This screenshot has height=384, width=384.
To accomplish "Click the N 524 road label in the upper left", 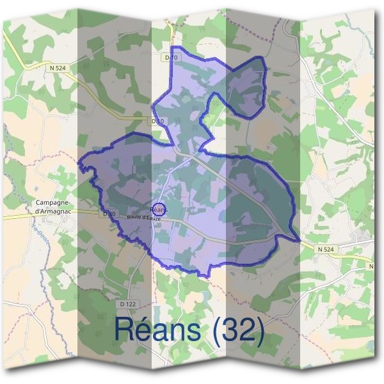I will coord(56,67).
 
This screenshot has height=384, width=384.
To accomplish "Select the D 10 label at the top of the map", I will coord(170,58).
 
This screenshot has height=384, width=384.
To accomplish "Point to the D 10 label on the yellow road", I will coord(157,120).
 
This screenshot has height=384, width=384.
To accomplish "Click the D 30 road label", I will coord(108,213).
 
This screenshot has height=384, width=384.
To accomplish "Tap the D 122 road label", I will coord(146,305).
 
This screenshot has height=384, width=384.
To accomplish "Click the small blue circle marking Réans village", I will coord(159,209).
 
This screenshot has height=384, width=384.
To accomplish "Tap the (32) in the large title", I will coord(241,330).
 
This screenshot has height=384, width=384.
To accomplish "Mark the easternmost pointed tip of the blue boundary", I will coord(300,241).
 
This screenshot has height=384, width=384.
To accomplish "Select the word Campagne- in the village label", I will coord(49,203).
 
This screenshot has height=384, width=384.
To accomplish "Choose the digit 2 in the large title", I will coord(250,329).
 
